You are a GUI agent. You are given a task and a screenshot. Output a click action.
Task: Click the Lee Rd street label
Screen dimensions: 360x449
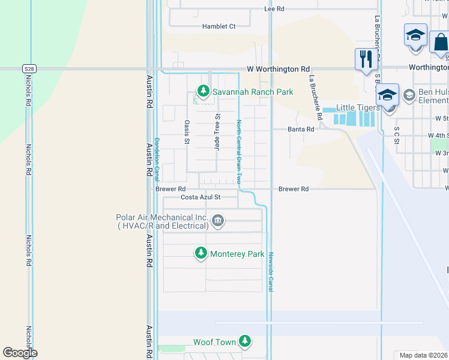[x=274, y=9]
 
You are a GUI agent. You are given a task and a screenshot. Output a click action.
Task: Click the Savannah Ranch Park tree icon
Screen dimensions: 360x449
[x=203, y=92]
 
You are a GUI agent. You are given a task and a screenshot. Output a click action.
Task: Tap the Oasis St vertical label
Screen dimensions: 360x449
[x=187, y=132]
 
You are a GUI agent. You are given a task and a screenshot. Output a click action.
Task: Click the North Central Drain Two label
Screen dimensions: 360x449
[x=238, y=151]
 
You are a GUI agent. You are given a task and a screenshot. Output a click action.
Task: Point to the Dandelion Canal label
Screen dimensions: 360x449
[x=157, y=159]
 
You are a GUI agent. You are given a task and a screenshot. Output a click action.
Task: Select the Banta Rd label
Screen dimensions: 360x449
[x=301, y=129]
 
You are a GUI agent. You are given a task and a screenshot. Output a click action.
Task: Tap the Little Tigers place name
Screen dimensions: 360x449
[x=358, y=107]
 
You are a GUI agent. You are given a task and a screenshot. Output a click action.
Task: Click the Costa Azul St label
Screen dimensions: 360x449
[x=201, y=197]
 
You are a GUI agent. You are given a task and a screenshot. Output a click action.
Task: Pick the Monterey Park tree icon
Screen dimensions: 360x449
[x=202, y=254]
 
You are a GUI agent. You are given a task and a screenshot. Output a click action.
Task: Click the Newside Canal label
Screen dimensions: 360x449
[x=271, y=271]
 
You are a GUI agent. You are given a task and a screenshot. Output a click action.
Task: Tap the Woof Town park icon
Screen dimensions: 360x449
[x=244, y=342]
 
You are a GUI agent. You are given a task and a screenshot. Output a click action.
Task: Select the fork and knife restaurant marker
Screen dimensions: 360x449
[x=366, y=59]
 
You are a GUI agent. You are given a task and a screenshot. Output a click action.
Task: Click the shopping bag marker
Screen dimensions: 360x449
[x=440, y=42]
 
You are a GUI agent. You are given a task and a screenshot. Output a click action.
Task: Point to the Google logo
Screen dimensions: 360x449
[x=20, y=353]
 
